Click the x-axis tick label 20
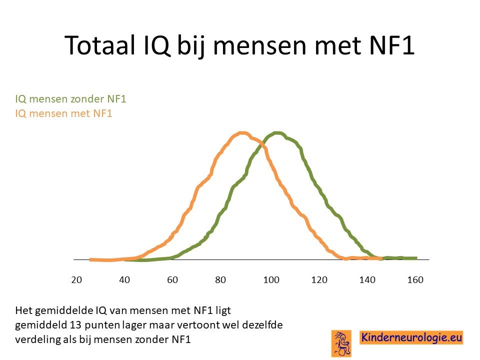click(76, 280)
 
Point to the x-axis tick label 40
click(124, 280)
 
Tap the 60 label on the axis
click(172, 280)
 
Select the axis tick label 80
click(220, 280)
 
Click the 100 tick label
click(271, 280)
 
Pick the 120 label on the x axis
click(319, 280)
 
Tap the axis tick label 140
click(367, 280)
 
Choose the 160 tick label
click(415, 280)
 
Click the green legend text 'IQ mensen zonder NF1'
click(70, 99)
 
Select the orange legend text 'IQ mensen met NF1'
click(63, 113)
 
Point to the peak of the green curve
click(277, 133)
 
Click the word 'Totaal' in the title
click(100, 45)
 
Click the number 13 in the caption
click(75, 325)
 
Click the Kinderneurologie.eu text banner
click(411, 337)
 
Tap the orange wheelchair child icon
click(341, 343)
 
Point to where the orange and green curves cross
click(262, 146)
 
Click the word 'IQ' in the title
click(156, 45)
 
